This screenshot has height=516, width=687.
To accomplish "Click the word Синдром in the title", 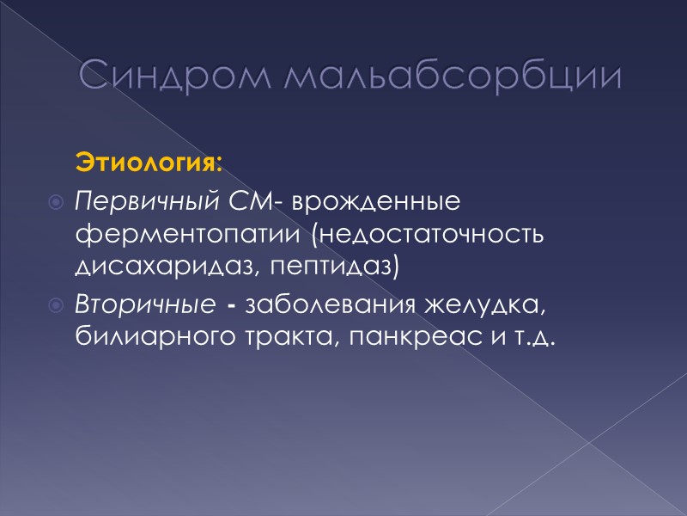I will click(x=173, y=77).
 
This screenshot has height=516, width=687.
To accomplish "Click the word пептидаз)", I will click(x=334, y=264).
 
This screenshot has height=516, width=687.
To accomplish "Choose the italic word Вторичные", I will click(x=144, y=305).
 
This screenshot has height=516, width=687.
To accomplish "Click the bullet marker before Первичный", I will click(x=56, y=203).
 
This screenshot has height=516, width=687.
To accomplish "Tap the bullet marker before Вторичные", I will click(x=56, y=306).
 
